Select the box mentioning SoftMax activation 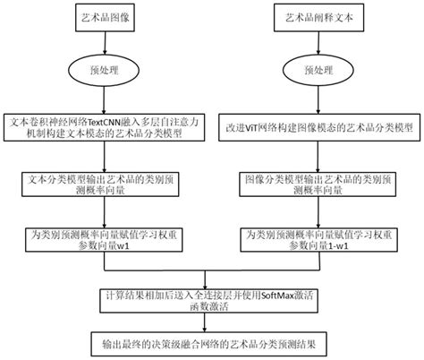tap(212, 302)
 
